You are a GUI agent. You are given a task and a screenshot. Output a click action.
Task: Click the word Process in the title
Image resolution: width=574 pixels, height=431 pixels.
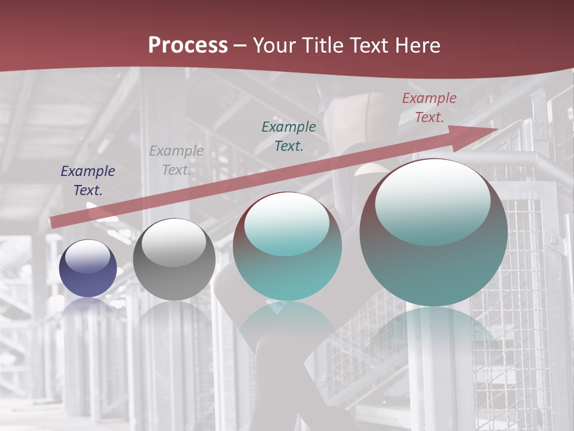188,45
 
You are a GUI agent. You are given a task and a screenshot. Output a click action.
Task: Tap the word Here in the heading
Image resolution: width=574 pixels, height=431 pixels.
417,45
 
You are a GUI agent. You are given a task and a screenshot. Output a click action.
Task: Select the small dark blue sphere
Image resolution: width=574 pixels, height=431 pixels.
88,268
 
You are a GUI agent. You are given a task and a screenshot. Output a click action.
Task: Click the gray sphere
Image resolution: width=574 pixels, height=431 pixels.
174,259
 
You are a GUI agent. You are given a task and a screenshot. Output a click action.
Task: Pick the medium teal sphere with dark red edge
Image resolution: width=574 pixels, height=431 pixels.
288,246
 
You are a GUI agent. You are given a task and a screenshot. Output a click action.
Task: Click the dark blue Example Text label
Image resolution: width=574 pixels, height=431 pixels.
88,181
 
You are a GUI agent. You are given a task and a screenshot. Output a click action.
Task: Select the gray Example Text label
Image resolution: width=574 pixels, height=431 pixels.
176,160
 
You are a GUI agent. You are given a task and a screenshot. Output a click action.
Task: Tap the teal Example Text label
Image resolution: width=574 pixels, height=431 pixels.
289,136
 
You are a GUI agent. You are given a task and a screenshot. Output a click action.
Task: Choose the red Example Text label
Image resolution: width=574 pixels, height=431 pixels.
429,108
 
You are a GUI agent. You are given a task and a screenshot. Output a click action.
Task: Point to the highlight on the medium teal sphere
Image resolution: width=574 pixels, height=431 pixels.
287,224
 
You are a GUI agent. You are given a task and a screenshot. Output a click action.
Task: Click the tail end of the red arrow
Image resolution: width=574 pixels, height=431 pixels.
54,222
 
